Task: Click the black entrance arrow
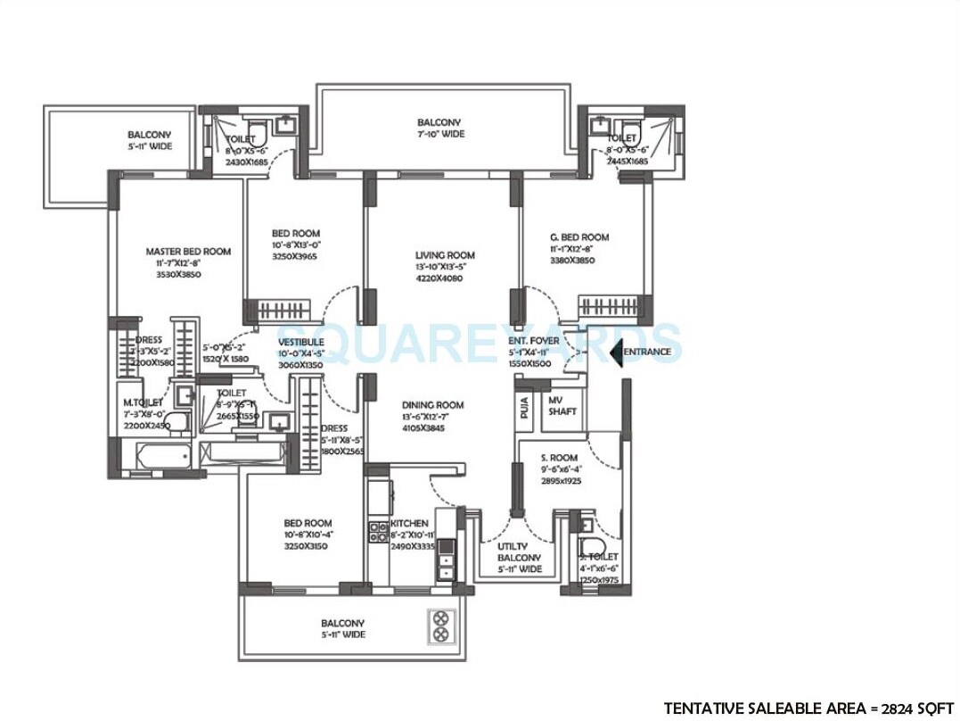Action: point(615,352)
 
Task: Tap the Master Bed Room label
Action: point(188,252)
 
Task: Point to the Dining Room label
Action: point(432,405)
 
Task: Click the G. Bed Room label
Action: point(579,237)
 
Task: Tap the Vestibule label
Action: point(300,342)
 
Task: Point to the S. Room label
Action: point(559,458)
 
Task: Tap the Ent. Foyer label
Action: point(534,341)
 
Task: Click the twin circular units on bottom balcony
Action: point(440,626)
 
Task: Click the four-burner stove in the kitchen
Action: point(378,533)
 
